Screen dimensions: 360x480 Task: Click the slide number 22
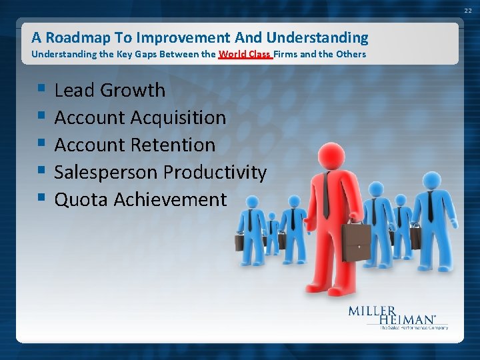click(468, 10)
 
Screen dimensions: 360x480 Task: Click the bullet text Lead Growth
click(109, 90)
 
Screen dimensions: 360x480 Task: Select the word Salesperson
click(106, 172)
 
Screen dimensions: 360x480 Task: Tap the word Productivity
click(215, 172)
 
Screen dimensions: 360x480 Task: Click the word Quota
click(81, 199)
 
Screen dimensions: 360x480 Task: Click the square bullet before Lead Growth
click(42, 89)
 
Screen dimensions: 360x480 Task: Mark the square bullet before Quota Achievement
click(42, 198)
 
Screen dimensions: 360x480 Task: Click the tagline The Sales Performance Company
click(413, 327)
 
